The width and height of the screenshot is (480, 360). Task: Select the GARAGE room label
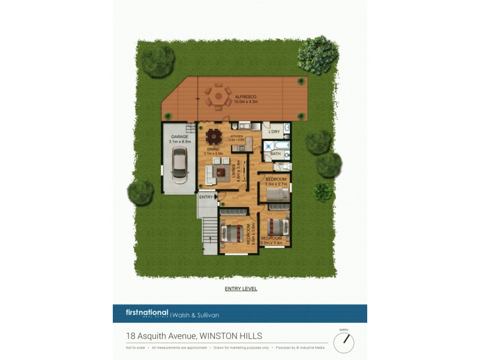pos(179,137)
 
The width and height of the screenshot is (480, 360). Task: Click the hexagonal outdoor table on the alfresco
pos(218,95)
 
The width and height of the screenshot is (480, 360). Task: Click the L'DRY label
pos(275,132)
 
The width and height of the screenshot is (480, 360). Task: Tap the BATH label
pos(275,154)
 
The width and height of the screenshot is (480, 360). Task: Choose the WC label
pos(280,164)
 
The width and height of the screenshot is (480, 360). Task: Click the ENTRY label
pos(206,197)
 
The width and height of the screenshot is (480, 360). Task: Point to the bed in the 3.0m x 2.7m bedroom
pos(277,194)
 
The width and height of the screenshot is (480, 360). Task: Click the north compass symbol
pos(344,341)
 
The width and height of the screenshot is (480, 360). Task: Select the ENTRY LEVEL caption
pos(241,289)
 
